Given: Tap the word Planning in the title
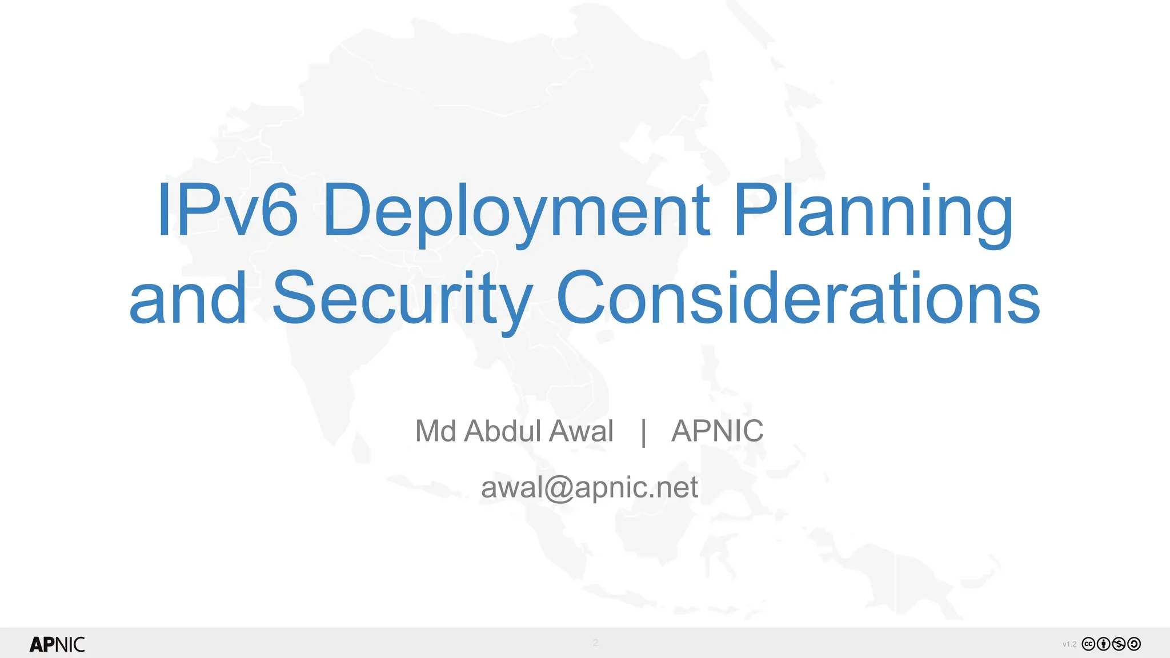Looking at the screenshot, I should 874,211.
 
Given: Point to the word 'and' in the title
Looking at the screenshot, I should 188,298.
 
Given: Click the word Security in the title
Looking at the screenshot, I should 402,300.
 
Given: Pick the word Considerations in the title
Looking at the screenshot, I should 798,298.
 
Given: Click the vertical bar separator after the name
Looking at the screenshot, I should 644,432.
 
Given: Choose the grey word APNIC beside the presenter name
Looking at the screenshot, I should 717,431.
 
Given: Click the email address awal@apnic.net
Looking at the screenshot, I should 589,488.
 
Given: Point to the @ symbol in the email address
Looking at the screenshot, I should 558,489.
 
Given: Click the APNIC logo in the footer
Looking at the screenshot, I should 57,644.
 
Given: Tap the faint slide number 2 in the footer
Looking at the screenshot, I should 595,643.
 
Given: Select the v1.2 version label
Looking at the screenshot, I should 1069,644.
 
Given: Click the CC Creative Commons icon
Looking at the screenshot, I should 1089,644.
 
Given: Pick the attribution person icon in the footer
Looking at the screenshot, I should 1104,644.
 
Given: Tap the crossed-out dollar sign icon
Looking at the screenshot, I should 1119,644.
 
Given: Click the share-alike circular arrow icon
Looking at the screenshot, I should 1134,644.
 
